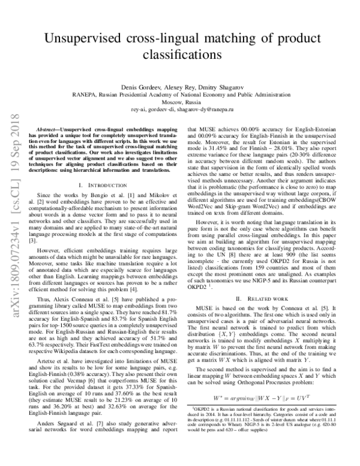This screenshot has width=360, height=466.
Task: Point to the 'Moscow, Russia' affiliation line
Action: pos(179,102)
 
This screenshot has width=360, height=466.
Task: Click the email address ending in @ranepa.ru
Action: pos(180,110)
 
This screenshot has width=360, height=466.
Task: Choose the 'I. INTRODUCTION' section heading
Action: pos(97,186)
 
